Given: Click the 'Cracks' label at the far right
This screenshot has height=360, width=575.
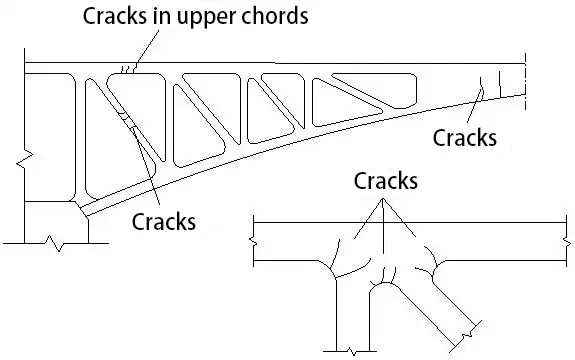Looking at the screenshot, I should coord(464,138).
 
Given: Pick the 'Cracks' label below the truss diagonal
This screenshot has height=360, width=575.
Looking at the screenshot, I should coord(164,220).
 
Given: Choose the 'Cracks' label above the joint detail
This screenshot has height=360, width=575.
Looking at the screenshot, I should coord(386,182).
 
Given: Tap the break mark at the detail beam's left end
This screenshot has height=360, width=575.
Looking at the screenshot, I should coord(255,238).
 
